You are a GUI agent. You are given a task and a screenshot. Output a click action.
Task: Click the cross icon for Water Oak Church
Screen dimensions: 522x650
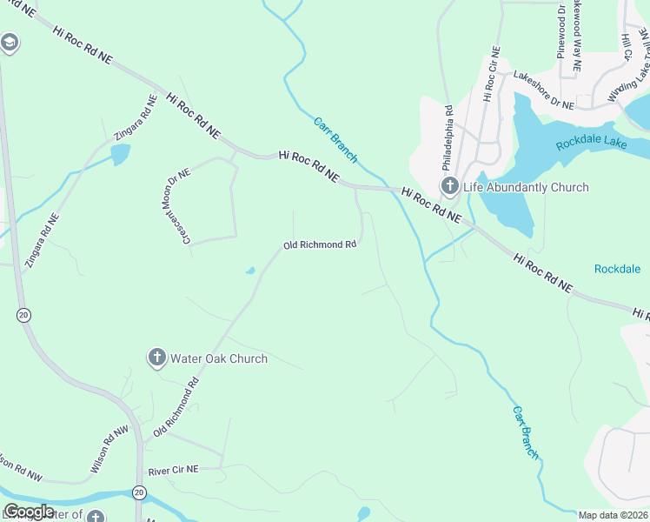(156, 358)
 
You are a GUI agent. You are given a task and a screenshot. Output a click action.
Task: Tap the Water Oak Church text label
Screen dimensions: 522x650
(218, 358)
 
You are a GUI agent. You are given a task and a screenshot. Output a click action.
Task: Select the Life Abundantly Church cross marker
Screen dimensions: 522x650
(450, 186)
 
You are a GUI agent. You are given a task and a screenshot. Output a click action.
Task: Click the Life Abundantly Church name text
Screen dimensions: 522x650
(527, 187)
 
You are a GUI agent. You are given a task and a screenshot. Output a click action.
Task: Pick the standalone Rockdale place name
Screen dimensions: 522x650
(617, 269)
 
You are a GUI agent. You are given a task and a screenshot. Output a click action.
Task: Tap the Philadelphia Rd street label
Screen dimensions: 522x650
(448, 137)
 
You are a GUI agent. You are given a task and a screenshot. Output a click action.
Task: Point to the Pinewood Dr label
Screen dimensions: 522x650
(561, 35)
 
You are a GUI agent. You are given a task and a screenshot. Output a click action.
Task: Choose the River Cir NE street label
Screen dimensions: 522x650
(174, 469)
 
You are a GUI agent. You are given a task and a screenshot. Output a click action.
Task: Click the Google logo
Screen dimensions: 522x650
(29, 512)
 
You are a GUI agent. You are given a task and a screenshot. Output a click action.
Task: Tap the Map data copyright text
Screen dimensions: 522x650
(614, 515)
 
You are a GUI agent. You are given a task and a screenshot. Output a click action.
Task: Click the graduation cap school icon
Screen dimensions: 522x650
(10, 43)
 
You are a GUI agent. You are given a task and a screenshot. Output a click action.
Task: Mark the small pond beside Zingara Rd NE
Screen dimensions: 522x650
(120, 155)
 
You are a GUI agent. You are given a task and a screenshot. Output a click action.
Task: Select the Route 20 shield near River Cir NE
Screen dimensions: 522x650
(138, 492)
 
